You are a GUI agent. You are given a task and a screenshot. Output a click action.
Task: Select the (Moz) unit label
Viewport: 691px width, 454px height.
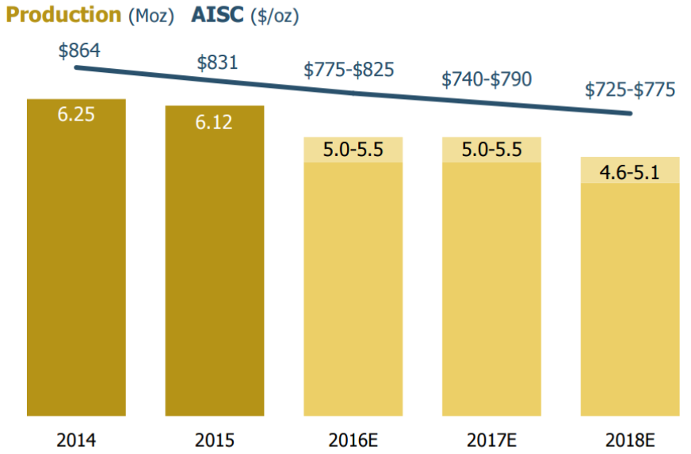pyautogui.click(x=151, y=16)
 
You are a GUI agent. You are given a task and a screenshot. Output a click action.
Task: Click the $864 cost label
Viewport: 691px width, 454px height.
pyautogui.click(x=79, y=51)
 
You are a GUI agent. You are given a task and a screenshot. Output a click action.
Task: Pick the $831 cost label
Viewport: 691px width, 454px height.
pyautogui.click(x=217, y=62)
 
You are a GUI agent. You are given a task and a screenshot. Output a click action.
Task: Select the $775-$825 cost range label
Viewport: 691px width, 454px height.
pyautogui.click(x=349, y=70)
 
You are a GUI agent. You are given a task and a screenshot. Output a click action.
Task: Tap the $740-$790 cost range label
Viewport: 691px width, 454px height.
pyautogui.click(x=487, y=79)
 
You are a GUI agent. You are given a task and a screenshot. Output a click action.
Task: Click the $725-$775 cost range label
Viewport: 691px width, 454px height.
pyautogui.click(x=630, y=90)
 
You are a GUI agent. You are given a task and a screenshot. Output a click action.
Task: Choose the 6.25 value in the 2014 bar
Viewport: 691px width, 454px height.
pyautogui.click(x=76, y=114)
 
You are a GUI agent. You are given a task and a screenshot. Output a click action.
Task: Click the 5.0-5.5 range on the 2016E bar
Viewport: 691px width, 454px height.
pyautogui.click(x=353, y=150)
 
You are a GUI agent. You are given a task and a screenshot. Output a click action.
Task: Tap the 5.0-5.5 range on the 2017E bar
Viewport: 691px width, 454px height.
pyautogui.click(x=491, y=150)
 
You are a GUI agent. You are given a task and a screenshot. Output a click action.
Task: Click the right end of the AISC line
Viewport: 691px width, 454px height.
pyautogui.click(x=631, y=113)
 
